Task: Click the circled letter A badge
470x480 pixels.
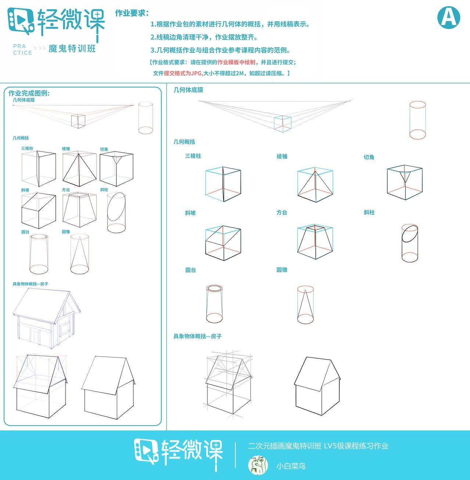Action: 449,17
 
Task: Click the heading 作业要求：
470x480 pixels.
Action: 132,13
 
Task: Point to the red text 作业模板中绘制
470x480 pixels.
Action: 236,62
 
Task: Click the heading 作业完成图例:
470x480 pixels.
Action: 29,93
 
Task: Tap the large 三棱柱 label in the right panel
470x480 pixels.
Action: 193,156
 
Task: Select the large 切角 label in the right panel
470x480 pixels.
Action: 369,157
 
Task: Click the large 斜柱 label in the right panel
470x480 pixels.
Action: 369,213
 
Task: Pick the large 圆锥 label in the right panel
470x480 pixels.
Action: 282,270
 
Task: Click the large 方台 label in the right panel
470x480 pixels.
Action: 282,213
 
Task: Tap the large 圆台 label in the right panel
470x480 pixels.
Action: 191,270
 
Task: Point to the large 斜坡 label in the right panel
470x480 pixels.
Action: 190,213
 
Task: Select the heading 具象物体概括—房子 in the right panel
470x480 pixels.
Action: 198,336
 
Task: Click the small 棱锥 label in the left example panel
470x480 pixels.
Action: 66,149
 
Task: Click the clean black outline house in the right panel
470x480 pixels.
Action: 317,386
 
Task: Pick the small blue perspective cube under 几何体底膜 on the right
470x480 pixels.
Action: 282,124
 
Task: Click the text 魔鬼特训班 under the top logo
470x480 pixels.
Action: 72,48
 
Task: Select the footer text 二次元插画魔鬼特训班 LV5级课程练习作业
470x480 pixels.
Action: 318,446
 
